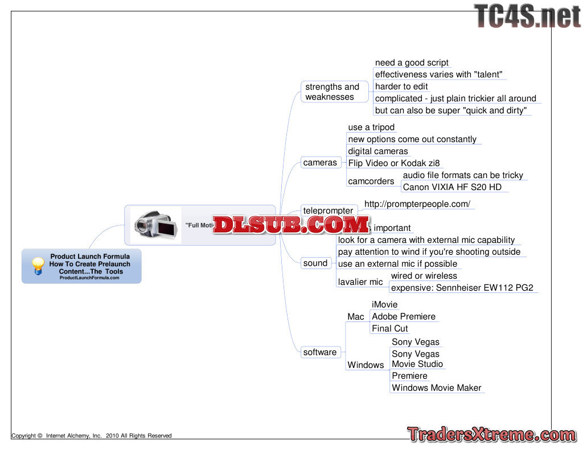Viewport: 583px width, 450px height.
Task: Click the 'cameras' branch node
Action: pos(320,163)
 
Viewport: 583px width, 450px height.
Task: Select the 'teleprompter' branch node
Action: pos(328,210)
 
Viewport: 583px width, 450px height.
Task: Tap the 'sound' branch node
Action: pos(315,263)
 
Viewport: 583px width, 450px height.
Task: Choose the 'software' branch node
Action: pos(320,352)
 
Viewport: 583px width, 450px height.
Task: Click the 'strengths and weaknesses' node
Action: pos(332,92)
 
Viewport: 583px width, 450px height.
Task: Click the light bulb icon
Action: pos(38,266)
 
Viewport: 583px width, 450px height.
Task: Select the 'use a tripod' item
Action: pos(371,127)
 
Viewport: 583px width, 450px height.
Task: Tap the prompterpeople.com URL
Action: pos(417,204)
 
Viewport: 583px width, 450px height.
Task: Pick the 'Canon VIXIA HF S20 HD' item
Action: pos(452,187)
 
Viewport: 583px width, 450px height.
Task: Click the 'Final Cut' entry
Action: pos(390,328)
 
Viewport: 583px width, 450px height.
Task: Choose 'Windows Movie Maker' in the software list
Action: pos(437,388)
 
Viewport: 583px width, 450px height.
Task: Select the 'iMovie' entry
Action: pos(385,304)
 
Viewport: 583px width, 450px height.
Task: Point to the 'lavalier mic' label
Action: pos(360,282)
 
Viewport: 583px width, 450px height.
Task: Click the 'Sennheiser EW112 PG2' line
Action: pos(462,288)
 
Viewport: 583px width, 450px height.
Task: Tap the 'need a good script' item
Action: pos(412,63)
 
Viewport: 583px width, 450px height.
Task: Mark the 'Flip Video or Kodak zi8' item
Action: pos(394,163)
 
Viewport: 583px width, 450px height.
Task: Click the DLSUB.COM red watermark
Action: pos(291,225)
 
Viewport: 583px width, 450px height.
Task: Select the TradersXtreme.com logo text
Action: pos(492,435)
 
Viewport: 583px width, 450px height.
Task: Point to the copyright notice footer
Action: pos(92,436)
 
